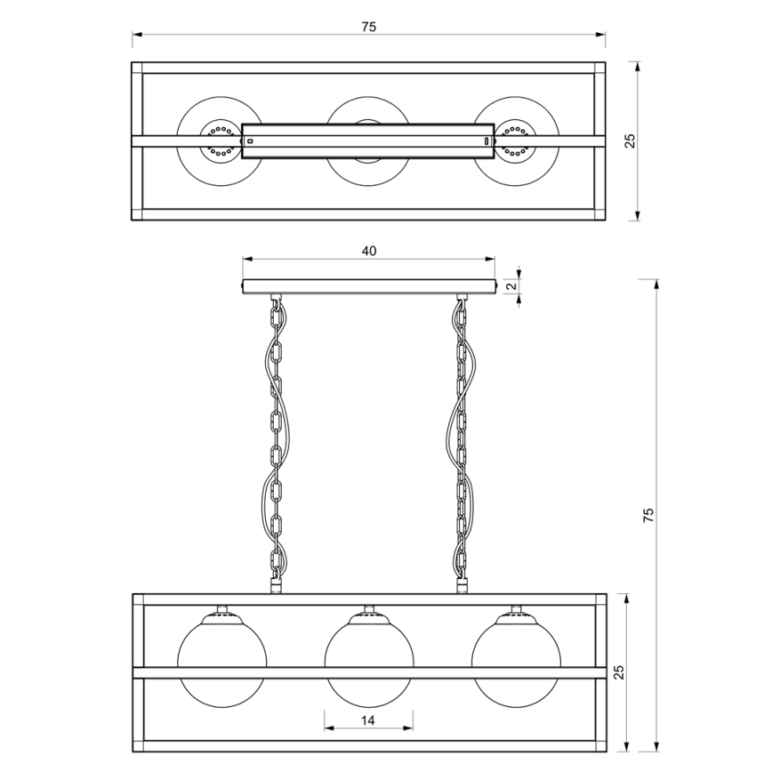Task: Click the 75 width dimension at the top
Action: [x=369, y=27]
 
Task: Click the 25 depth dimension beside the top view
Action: [x=631, y=141]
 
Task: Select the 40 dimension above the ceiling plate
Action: [x=369, y=251]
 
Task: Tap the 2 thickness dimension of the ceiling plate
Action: [x=512, y=285]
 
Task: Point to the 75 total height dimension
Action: [x=649, y=514]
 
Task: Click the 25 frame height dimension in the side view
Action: [x=619, y=672]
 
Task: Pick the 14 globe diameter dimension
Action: [x=368, y=720]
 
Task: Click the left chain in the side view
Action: [x=277, y=444]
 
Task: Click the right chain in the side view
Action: [x=462, y=444]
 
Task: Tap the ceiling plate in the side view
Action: [x=369, y=286]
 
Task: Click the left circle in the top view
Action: [x=221, y=141]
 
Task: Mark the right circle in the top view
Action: [x=516, y=141]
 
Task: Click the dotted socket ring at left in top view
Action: [x=221, y=141]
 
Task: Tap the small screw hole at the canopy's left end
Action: [x=250, y=141]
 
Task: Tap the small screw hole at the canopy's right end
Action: [x=487, y=141]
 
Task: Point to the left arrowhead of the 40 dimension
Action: [x=247, y=259]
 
